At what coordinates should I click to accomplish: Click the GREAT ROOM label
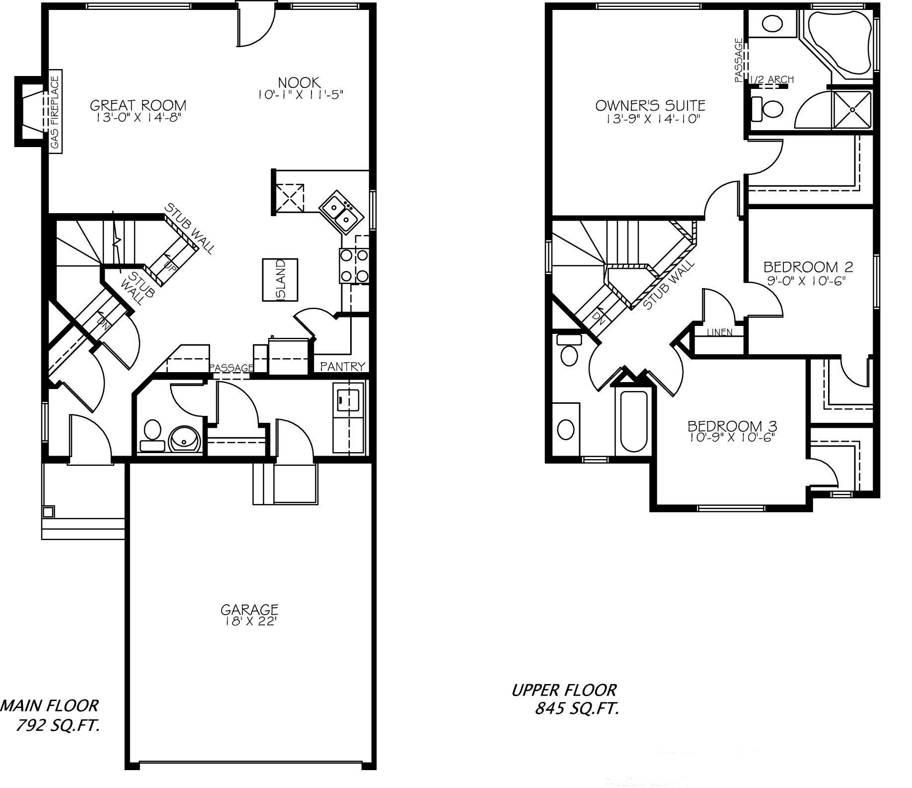(138, 105)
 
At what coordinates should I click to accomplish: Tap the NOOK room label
(299, 82)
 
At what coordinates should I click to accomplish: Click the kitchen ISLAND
(280, 280)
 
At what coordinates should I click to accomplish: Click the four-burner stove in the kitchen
(354, 265)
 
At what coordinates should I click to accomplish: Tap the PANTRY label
(343, 366)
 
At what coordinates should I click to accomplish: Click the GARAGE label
(249, 609)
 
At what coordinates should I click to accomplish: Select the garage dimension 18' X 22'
(249, 622)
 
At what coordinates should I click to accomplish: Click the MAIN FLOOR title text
(50, 705)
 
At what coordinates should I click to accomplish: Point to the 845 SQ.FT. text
(577, 709)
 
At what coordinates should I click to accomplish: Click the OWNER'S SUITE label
(650, 105)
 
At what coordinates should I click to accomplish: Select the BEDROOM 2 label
(808, 267)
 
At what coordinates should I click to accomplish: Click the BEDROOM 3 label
(732, 426)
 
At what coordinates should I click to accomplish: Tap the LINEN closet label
(719, 332)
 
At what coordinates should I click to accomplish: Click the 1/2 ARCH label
(771, 79)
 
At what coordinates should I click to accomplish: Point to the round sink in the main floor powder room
(185, 439)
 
